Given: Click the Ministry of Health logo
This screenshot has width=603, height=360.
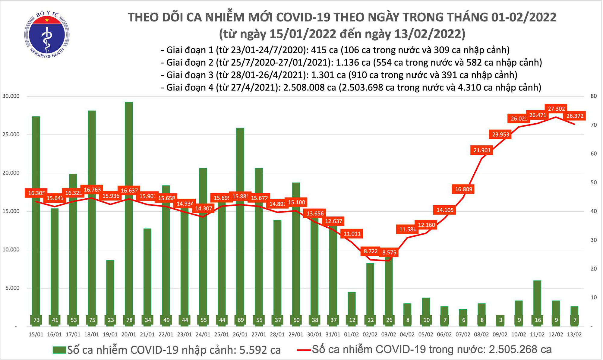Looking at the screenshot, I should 47,34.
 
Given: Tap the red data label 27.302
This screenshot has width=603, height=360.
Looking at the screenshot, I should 556,109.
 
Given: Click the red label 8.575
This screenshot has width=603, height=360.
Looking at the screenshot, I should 389,252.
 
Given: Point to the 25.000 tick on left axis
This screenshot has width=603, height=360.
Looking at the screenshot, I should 11,134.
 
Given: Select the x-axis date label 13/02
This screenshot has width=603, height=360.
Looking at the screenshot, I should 574,335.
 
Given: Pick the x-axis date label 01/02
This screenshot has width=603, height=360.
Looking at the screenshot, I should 352,335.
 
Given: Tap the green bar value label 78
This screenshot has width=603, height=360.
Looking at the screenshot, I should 129,320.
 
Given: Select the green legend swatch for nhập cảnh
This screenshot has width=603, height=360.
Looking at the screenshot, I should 59,350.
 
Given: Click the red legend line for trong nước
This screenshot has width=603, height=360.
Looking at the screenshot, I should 304,350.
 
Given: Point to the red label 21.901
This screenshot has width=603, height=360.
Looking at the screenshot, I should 482,150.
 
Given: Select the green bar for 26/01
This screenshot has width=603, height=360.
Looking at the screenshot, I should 240,223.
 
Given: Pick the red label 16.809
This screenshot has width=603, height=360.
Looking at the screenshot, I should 463,189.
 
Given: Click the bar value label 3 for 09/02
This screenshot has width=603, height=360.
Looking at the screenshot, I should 500,320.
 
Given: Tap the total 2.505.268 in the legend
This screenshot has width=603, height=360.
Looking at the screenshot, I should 513,349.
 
